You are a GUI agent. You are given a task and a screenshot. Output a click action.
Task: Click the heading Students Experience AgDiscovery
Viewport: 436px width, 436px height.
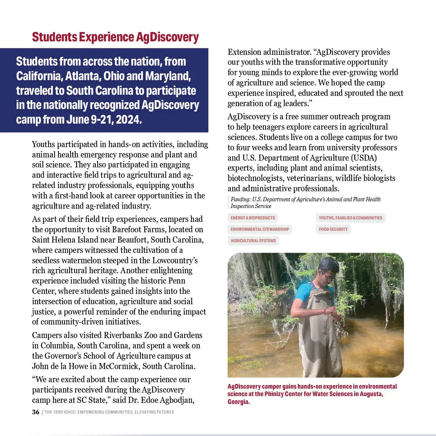pyautogui.click(x=115, y=37)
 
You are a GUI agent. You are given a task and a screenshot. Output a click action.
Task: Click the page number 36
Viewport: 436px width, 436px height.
pyautogui.click(x=36, y=412)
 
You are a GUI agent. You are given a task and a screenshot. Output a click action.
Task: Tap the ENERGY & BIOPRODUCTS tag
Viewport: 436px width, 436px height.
pyautogui.click(x=253, y=218)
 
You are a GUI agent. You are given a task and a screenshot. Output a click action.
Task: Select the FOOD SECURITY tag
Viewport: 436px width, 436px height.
pyautogui.click(x=333, y=229)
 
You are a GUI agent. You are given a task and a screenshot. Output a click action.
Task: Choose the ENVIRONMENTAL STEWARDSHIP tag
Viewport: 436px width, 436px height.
pyautogui.click(x=260, y=229)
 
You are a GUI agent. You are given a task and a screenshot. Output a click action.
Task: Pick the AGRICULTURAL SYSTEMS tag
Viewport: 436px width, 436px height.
pyautogui.click(x=253, y=241)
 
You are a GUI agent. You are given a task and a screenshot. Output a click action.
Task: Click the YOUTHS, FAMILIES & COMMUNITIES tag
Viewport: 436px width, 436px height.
pyautogui.click(x=350, y=218)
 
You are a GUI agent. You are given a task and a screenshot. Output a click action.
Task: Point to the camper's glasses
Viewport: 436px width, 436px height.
pyautogui.click(x=328, y=275)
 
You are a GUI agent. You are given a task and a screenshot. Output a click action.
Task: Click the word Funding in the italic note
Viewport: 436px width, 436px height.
pyautogui.click(x=240, y=199)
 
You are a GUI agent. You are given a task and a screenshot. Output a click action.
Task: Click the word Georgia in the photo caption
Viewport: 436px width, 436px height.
pyautogui.click(x=238, y=402)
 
